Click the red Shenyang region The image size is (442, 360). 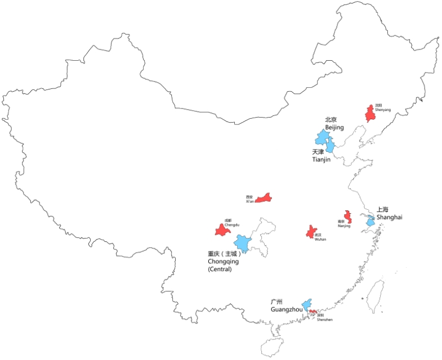point(370,114)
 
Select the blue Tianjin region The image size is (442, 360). point(331,147)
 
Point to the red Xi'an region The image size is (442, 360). point(264,198)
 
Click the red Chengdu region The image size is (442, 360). point(220,229)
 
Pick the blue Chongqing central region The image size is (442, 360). point(243,244)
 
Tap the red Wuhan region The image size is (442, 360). point(310,232)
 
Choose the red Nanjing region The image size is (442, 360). point(347,217)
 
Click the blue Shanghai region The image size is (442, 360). point(370,222)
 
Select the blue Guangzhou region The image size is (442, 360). point(306,305)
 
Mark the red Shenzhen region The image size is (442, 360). point(312,311)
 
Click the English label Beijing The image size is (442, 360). point(334,128)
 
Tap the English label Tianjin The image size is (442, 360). point(321,160)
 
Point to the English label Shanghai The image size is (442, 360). point(390,217)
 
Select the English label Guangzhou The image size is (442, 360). point(287,309)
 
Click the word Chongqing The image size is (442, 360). point(223,262)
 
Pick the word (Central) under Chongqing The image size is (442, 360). point(220,269)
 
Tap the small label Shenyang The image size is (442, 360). point(382,110)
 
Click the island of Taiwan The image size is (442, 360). point(376,296)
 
